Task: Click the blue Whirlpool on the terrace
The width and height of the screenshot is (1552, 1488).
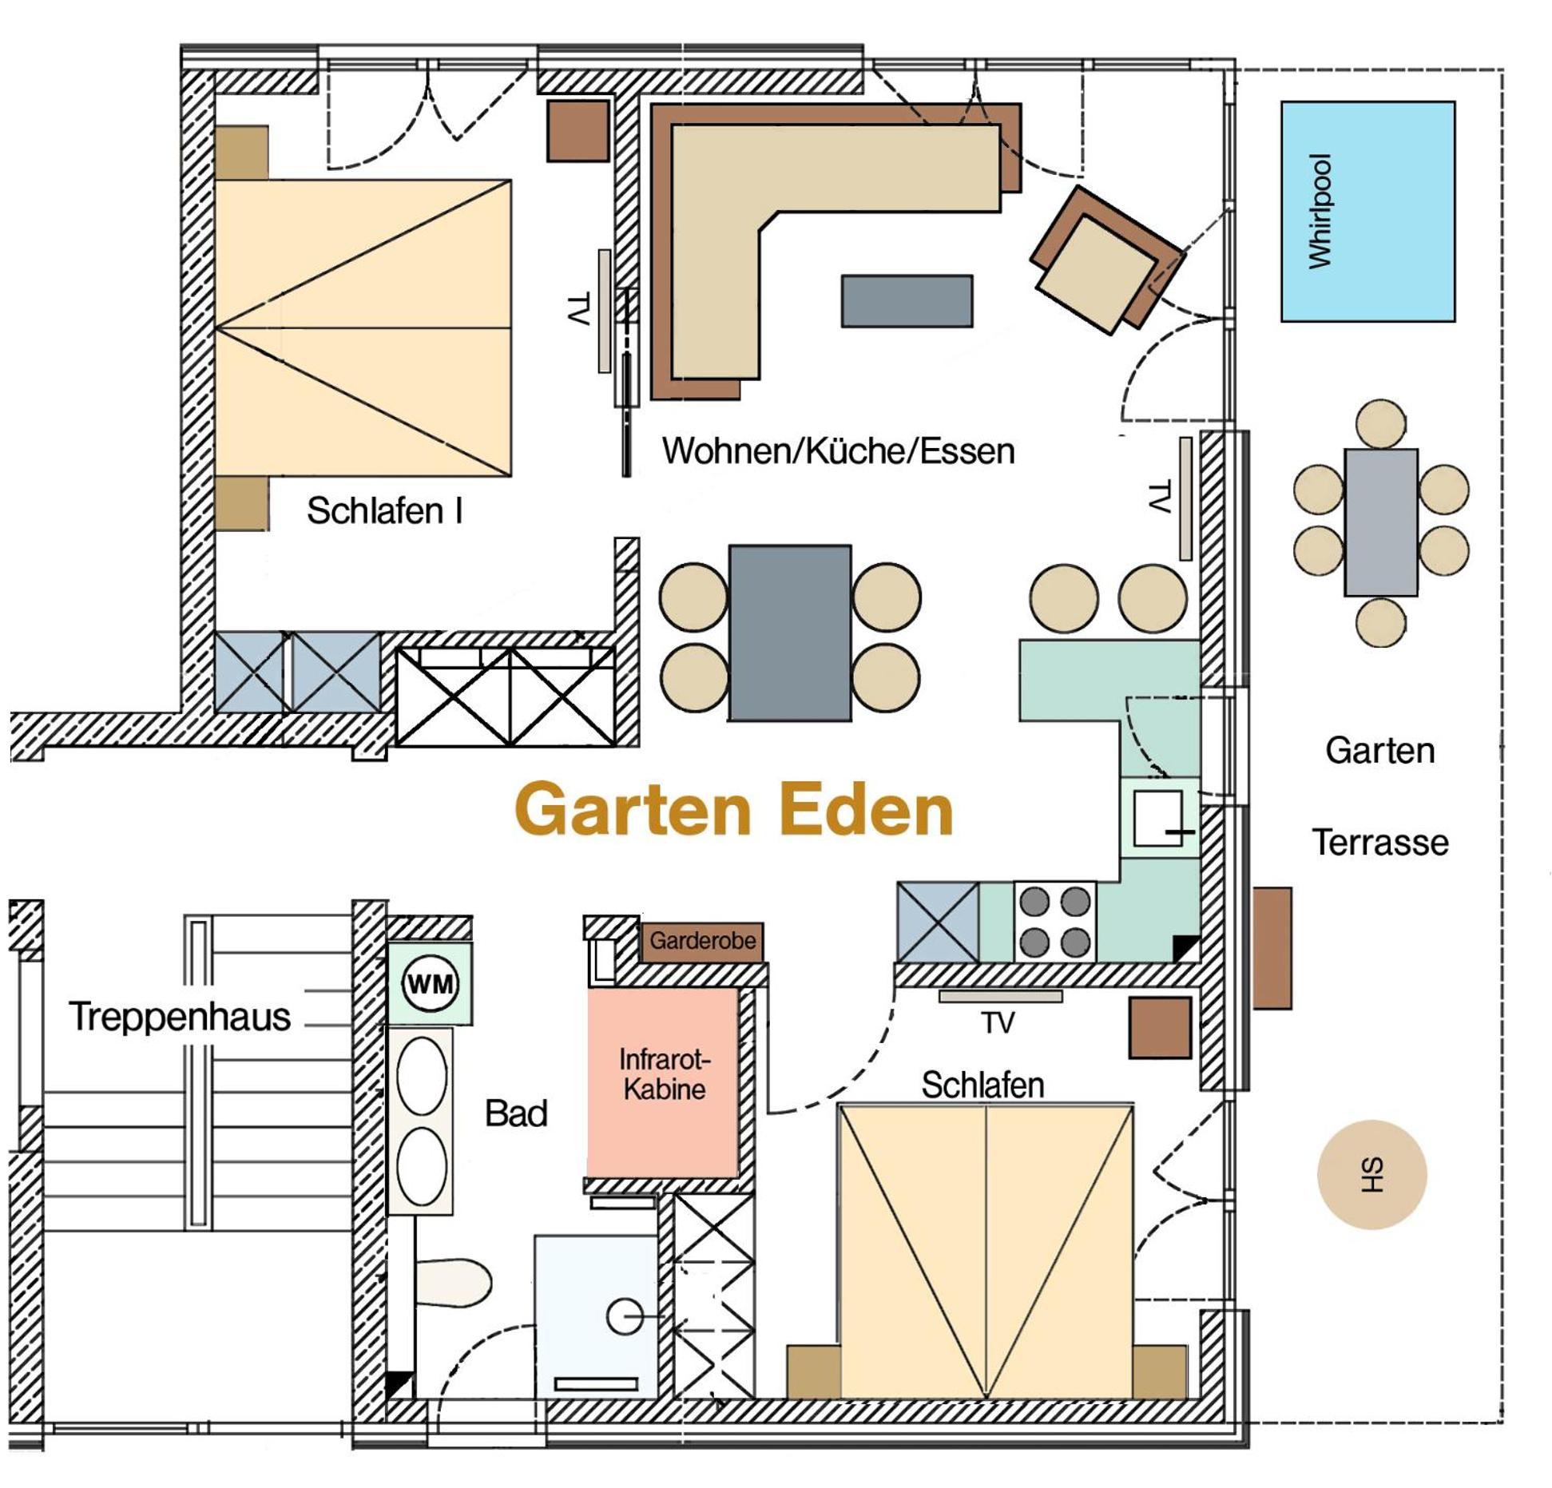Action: coord(1367,212)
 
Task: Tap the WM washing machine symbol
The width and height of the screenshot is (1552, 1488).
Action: coord(430,982)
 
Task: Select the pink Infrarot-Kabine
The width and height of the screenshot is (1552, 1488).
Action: coord(662,1082)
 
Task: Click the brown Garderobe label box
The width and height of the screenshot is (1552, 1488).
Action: coord(702,941)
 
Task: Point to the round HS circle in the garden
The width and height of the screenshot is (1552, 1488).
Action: coord(1371,1174)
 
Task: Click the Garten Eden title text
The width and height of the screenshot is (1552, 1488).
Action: coord(734,809)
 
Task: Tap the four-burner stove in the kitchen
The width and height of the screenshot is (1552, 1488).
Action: coord(1054,921)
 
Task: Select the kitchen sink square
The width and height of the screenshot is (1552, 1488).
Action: coord(1159,817)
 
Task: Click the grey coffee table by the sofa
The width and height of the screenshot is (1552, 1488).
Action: coord(907,301)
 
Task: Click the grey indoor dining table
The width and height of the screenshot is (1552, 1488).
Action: coord(789,633)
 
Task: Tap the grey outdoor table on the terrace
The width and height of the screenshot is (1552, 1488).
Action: coord(1380,522)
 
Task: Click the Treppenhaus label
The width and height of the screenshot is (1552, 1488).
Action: coord(180,1017)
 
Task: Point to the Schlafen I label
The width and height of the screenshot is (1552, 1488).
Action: coord(384,510)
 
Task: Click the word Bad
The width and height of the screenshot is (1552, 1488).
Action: coord(516,1113)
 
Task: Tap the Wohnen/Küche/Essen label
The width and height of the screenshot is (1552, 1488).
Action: coord(838,451)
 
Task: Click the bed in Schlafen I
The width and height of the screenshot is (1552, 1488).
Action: coord(363,327)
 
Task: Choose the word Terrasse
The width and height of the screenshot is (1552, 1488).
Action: coord(1379,843)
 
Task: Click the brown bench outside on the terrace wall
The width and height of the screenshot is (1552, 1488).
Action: coord(1272,948)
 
